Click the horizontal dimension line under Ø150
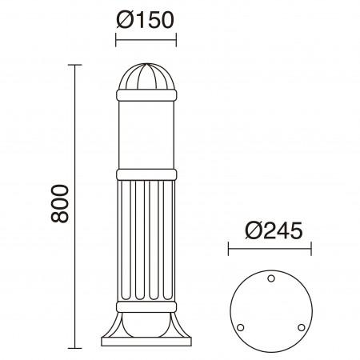[x=146, y=38]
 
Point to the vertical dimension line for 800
[x=78, y=206]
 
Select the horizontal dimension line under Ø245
[x=270, y=250]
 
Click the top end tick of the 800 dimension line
[x=78, y=65]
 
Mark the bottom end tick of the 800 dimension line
[x=78, y=348]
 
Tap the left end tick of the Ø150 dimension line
[x=117, y=38]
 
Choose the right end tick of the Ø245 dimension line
[x=311, y=250]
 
